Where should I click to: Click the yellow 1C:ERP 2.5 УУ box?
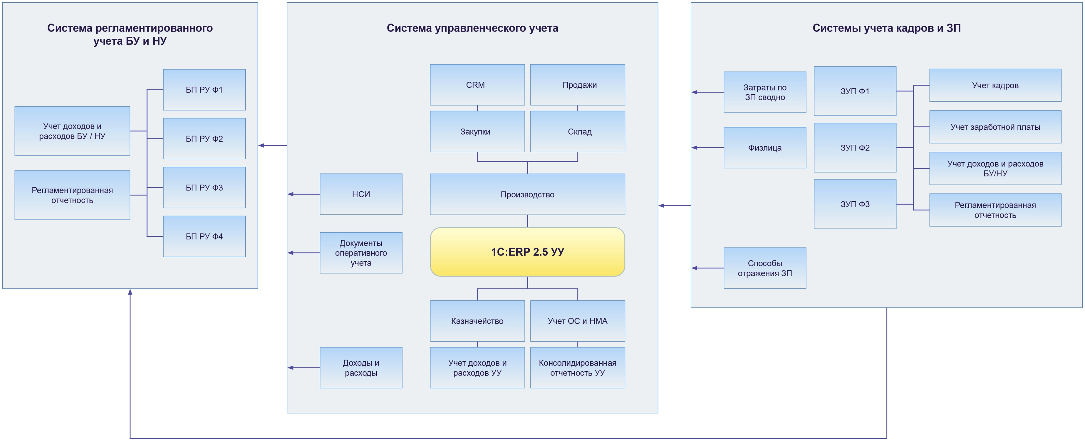click(527, 252)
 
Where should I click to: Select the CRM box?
click(477, 85)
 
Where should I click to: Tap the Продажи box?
click(577, 85)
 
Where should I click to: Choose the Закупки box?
click(477, 131)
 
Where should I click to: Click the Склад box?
click(577, 131)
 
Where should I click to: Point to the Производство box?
click(527, 194)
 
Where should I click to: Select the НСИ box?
click(361, 194)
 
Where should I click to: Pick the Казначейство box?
click(477, 321)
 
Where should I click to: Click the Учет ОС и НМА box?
click(577, 321)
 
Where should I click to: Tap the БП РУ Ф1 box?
click(204, 90)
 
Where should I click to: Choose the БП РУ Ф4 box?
click(204, 236)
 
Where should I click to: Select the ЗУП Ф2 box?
click(855, 148)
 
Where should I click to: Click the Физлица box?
click(765, 148)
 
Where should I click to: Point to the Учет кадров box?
click(995, 85)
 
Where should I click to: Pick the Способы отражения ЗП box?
click(765, 268)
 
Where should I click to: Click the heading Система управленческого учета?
click(472, 28)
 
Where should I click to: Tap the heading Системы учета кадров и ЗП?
click(887, 28)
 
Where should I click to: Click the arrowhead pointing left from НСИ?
click(291, 194)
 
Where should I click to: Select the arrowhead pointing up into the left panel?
click(130, 292)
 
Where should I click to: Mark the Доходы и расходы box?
click(361, 367)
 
